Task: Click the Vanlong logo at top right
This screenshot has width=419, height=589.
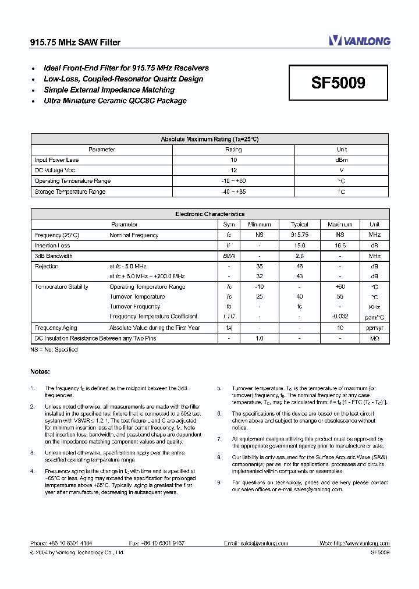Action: click(x=359, y=41)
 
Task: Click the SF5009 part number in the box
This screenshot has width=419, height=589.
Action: click(x=338, y=83)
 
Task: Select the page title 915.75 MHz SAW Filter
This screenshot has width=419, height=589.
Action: click(x=75, y=42)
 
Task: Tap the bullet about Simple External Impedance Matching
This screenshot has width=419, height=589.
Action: click(x=109, y=90)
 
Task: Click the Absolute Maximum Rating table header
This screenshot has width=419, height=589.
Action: click(x=210, y=139)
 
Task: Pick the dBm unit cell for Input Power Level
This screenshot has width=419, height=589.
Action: click(x=342, y=160)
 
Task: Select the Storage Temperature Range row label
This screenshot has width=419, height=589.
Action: click(x=70, y=191)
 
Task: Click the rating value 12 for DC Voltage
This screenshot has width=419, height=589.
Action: click(x=233, y=171)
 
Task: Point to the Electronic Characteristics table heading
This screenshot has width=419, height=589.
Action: click(x=210, y=214)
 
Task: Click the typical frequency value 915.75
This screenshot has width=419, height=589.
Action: click(x=299, y=235)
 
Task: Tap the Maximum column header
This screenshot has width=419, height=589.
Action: click(x=340, y=225)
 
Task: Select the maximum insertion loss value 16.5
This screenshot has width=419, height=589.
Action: click(x=340, y=246)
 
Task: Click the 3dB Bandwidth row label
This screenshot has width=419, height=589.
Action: click(x=54, y=256)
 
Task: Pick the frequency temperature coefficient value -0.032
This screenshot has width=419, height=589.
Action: click(x=340, y=317)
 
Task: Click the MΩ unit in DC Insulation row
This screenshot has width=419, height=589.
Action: click(x=374, y=338)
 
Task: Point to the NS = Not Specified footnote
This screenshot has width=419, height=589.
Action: click(x=54, y=350)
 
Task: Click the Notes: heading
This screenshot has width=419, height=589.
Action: click(x=40, y=371)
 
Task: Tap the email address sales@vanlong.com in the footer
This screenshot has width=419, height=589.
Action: click(x=262, y=543)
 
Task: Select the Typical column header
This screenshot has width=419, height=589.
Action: click(x=299, y=225)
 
